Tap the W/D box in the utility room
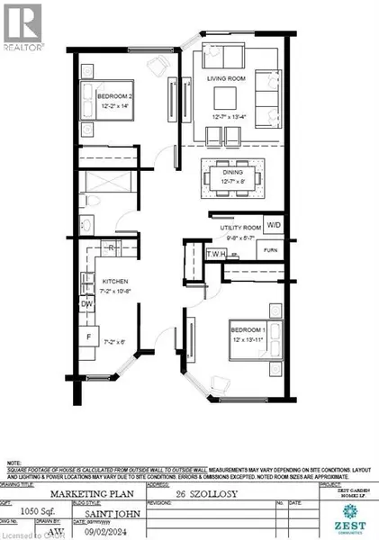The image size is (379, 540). pyautogui.click(x=274, y=225)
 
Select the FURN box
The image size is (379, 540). pyautogui.click(x=271, y=249)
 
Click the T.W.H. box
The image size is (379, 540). pyautogui.click(x=214, y=255)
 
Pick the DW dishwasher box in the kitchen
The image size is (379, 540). pyautogui.click(x=87, y=304)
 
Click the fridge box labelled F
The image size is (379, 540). pyautogui.click(x=89, y=338)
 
